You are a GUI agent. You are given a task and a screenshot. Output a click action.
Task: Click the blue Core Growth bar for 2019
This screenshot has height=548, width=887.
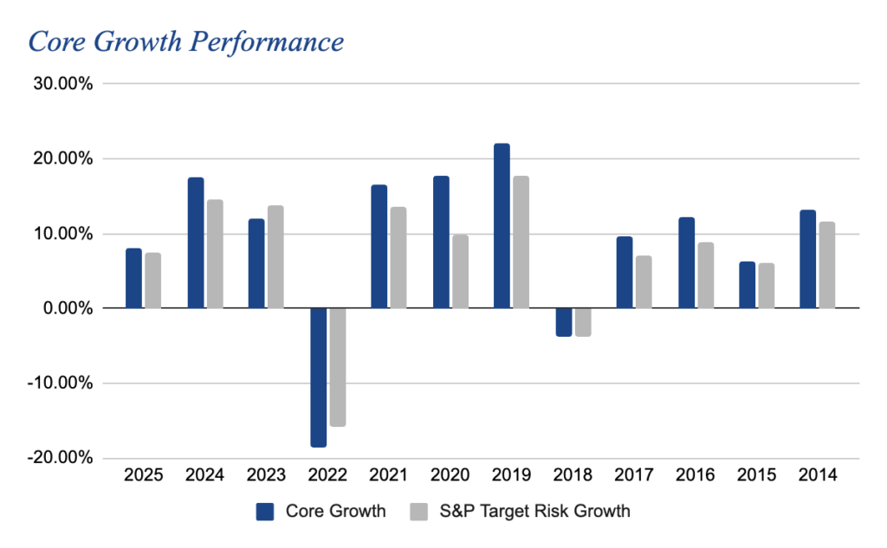click(x=502, y=225)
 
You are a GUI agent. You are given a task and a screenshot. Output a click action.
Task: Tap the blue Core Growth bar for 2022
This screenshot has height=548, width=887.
click(x=318, y=377)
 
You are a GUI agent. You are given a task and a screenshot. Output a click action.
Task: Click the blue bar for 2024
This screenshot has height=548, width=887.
click(x=196, y=242)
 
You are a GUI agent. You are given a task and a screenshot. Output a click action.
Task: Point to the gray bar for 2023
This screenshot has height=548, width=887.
click(x=275, y=256)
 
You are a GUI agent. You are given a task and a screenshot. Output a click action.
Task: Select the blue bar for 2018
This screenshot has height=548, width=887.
click(x=563, y=322)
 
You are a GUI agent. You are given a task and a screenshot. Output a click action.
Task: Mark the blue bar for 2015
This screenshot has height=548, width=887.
click(x=748, y=285)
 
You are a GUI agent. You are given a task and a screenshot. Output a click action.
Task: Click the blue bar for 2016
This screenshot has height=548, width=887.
click(x=686, y=262)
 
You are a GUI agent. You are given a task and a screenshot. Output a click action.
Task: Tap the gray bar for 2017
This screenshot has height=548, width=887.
click(x=644, y=281)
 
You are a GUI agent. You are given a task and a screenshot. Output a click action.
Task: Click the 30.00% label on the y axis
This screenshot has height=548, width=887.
click(x=62, y=84)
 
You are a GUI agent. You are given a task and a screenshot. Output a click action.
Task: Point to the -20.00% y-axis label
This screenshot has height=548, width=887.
click(x=60, y=458)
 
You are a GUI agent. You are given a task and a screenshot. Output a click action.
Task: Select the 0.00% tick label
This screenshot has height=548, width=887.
click(x=66, y=308)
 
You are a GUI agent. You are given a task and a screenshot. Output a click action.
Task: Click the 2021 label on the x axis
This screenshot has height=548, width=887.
click(x=388, y=475)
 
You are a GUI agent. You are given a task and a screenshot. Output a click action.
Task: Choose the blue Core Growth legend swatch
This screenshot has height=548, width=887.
click(x=264, y=512)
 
